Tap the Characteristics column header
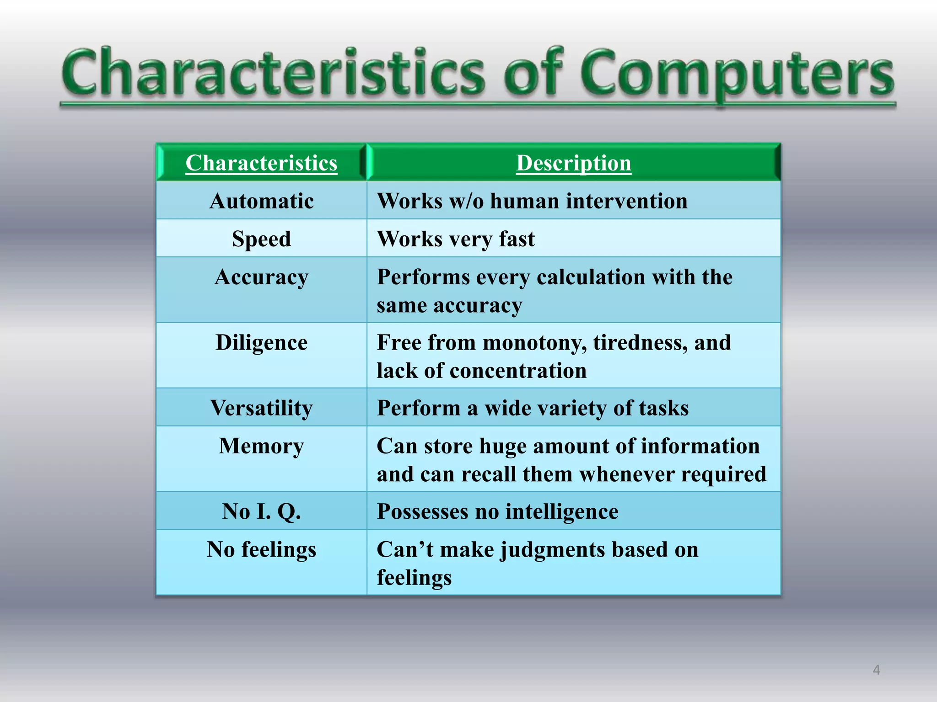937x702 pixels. (x=261, y=163)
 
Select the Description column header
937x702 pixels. (x=573, y=163)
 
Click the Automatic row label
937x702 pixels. (x=261, y=201)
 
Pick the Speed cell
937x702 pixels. (x=261, y=239)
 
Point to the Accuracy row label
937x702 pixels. (x=261, y=277)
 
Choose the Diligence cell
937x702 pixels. (x=261, y=343)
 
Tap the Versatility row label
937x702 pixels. (x=261, y=408)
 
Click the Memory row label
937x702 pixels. (x=261, y=446)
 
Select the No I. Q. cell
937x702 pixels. (x=261, y=511)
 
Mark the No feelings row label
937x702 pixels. (x=261, y=549)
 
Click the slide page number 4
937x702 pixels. (x=876, y=670)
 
